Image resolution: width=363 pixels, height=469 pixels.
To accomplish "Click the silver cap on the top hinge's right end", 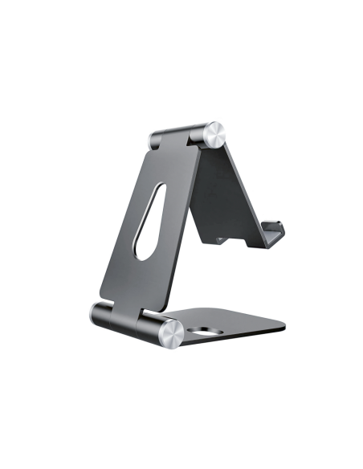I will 214,134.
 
